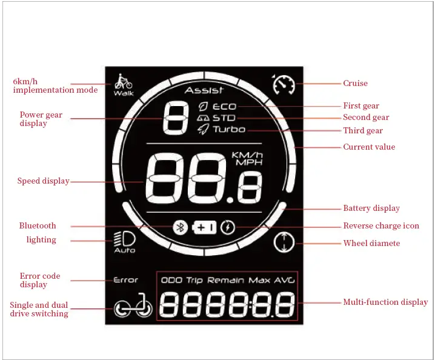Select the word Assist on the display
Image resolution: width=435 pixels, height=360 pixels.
[204, 90]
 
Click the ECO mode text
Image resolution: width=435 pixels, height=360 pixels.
[224, 107]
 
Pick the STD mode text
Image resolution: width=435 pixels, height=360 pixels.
[224, 118]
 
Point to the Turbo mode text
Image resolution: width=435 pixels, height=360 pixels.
[228, 129]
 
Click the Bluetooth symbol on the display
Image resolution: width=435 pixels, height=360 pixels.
[179, 227]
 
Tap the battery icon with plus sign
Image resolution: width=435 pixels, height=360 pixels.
[204, 227]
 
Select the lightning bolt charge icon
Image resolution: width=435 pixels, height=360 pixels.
[228, 227]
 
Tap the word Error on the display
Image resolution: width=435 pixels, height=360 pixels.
[126, 280]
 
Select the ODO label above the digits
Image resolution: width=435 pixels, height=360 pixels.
[172, 280]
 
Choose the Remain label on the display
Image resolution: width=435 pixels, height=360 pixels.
[226, 280]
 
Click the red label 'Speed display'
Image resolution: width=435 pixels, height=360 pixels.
[43, 181]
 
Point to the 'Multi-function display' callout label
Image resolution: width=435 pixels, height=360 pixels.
[385, 302]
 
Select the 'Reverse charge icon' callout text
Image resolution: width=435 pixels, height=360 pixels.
[381, 225]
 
